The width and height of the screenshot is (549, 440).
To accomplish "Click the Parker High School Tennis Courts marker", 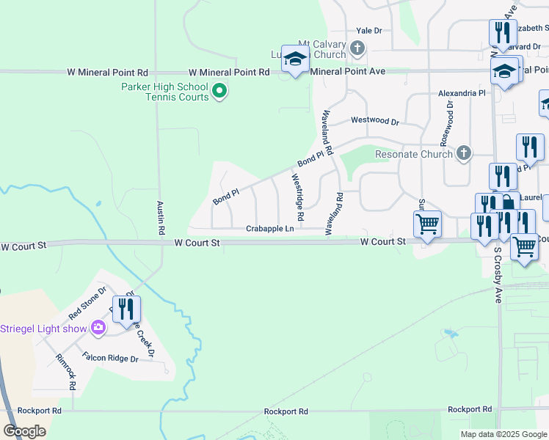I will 219,92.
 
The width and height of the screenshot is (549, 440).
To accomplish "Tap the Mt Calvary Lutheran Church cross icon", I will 357,49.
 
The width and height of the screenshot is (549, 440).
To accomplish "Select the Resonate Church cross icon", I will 463,153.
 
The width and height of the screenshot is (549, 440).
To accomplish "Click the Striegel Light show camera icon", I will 98,328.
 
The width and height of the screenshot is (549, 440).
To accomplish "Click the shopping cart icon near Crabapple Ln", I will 427,224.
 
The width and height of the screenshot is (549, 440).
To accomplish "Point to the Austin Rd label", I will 161,218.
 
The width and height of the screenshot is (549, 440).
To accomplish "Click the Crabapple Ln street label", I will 269,229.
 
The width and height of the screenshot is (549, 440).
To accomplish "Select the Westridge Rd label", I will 299,198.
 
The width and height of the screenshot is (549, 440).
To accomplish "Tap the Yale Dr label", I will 369,31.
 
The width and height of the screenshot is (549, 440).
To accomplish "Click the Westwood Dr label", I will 374,120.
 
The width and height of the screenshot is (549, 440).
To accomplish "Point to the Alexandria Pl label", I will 462,94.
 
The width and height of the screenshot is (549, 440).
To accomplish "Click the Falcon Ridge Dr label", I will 110,359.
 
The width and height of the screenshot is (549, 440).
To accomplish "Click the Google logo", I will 24,431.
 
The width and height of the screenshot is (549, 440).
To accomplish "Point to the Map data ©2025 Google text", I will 503,434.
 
